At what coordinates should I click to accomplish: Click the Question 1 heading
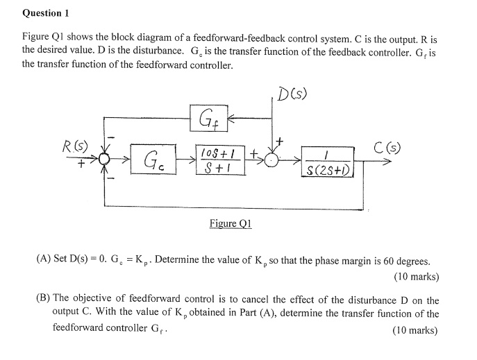click(47, 13)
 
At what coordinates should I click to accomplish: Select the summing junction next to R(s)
click(105, 161)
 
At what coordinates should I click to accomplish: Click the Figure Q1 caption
click(230, 223)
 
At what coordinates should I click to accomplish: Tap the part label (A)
click(44, 261)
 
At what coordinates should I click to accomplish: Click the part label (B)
click(44, 300)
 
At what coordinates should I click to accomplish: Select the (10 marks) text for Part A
click(415, 276)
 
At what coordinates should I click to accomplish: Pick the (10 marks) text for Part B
click(415, 330)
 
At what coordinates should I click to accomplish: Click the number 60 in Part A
click(390, 261)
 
